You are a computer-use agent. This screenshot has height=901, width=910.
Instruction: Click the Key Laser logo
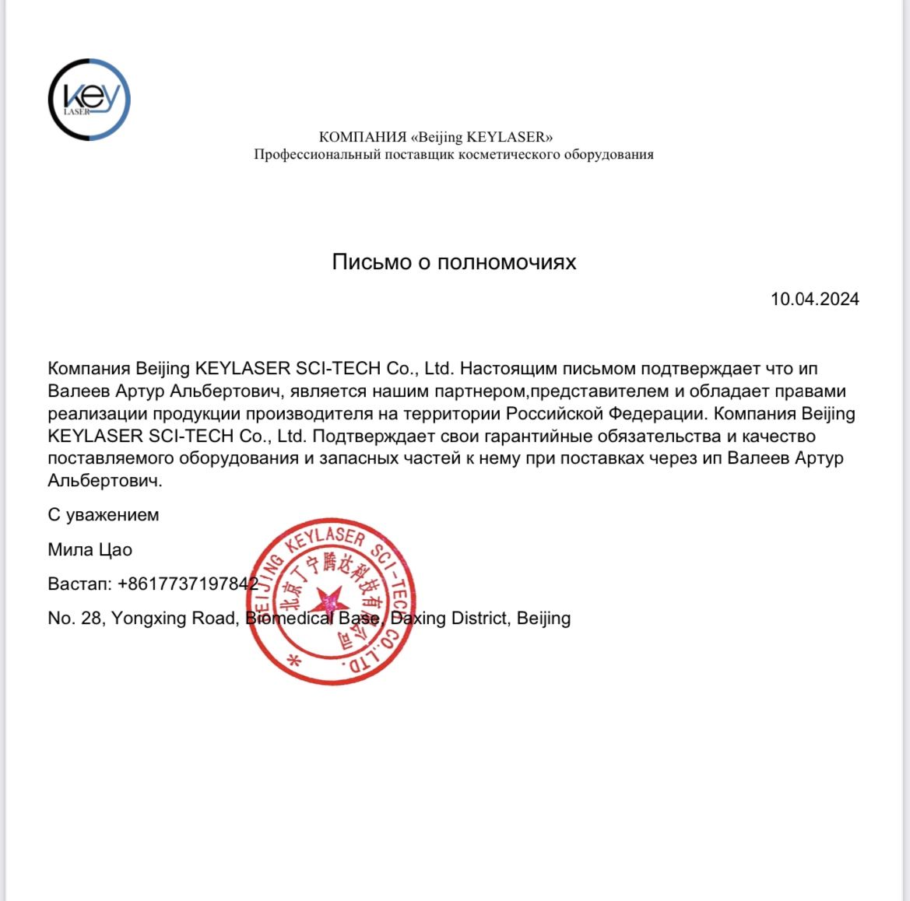[x=89, y=100]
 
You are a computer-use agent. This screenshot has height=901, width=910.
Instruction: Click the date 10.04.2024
[x=814, y=300]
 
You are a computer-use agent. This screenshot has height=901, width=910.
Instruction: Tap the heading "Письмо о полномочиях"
[x=454, y=262]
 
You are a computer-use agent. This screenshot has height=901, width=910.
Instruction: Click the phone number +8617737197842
[x=188, y=584]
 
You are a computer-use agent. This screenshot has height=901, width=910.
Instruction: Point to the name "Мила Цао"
[x=90, y=550]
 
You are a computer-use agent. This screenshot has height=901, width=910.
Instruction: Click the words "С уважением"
[x=104, y=515]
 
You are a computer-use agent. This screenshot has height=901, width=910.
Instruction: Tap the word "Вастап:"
[x=79, y=584]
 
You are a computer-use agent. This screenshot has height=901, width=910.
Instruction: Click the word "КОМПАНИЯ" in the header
[x=362, y=138]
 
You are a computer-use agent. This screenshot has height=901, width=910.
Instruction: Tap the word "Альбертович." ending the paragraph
[x=105, y=481]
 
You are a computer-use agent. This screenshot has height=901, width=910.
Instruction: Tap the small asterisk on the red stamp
[x=294, y=661]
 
